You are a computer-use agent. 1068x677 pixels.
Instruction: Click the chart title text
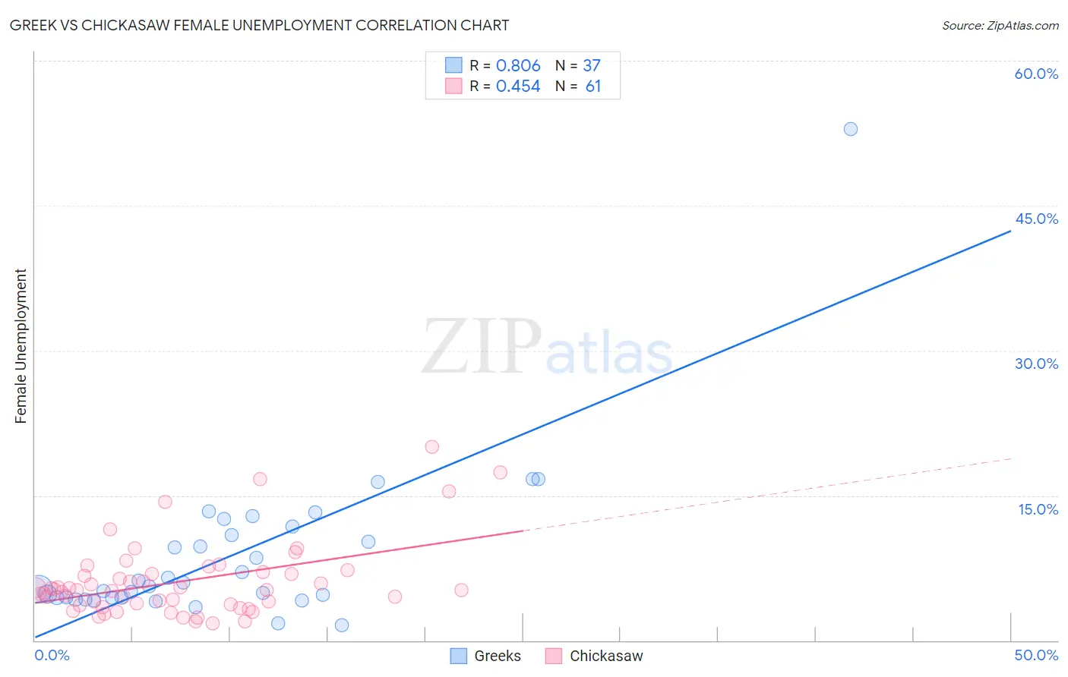[259, 25]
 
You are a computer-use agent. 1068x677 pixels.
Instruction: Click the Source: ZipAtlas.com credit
[1000, 25]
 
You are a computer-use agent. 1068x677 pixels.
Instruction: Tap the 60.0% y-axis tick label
[1036, 74]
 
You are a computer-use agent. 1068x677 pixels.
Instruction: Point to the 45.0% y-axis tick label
[1036, 219]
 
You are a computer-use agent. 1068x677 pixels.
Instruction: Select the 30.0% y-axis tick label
[1036, 364]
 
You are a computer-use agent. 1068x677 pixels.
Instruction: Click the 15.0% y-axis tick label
[1038, 509]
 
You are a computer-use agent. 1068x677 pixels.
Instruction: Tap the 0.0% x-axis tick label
[52, 655]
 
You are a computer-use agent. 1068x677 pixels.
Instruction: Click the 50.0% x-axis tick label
[1036, 655]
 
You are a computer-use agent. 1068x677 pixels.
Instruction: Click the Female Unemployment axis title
[21, 346]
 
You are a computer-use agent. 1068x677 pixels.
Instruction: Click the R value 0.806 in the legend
[518, 66]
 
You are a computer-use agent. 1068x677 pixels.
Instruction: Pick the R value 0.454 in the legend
[518, 87]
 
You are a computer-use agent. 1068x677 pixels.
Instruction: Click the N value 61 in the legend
[592, 87]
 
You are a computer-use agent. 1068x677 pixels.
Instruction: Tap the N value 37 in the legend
[591, 66]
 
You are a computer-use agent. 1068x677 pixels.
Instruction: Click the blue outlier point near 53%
[851, 129]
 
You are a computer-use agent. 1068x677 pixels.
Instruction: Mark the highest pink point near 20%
[431, 447]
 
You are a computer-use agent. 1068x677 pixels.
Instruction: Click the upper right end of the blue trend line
[1010, 230]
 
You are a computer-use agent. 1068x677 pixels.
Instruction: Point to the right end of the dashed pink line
[1012, 458]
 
